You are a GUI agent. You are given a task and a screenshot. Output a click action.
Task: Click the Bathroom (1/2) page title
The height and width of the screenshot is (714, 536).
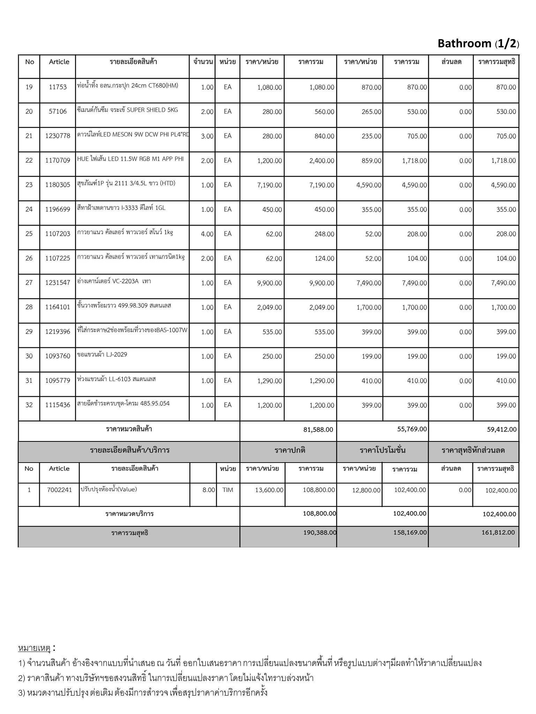[478, 44]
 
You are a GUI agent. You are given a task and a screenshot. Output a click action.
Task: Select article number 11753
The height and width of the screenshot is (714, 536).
[58, 87]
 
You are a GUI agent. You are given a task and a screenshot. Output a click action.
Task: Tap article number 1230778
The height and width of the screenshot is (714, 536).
[58, 136]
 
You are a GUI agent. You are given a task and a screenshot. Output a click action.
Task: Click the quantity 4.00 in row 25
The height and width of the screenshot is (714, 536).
[207, 234]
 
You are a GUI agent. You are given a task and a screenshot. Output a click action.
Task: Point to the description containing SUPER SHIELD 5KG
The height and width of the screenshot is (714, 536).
[128, 110]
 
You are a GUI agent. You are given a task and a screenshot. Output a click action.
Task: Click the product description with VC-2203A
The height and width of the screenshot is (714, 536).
[114, 281]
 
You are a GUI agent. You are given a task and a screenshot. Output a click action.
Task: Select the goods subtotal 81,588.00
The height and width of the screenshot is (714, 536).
[318, 430]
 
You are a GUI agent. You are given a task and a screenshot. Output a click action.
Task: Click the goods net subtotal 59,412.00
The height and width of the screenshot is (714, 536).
[501, 430]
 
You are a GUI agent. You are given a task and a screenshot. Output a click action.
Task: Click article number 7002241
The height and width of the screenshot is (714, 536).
[59, 490]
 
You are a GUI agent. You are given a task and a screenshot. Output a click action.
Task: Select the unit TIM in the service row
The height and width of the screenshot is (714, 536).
[228, 490]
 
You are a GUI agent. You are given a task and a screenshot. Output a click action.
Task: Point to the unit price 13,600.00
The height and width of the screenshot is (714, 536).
[269, 490]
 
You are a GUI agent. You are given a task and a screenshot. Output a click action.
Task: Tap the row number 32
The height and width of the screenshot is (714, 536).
[29, 405]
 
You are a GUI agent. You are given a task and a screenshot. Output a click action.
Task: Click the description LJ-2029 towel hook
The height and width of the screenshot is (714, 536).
[102, 355]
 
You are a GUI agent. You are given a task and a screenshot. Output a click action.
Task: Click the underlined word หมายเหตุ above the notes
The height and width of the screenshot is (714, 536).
[34, 648]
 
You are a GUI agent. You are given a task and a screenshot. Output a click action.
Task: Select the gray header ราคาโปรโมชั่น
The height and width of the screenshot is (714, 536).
[382, 450]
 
